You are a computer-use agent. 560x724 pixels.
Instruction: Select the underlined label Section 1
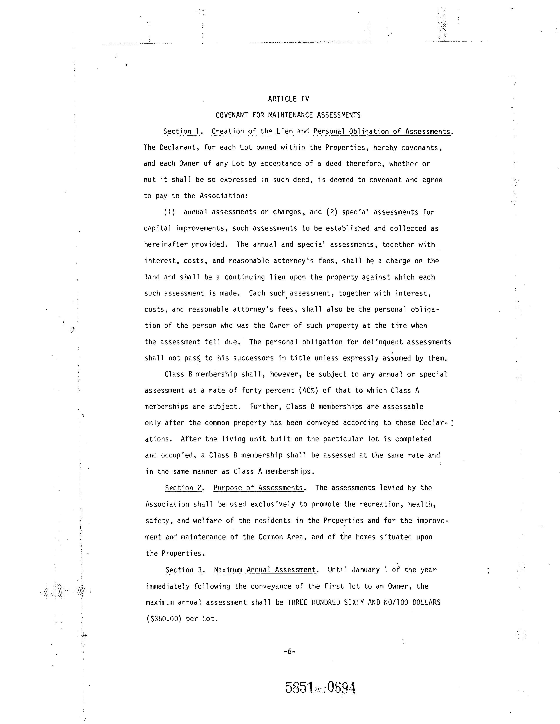pyautogui.click(x=181, y=131)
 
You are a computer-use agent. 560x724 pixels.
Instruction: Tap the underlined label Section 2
pyautogui.click(x=183, y=488)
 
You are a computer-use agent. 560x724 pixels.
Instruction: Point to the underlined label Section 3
pyautogui.click(x=184, y=570)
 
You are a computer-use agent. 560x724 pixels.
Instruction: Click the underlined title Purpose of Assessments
pyautogui.click(x=258, y=488)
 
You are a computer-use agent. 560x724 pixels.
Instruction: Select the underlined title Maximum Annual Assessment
pyautogui.click(x=265, y=570)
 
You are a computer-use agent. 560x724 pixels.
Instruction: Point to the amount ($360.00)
pyautogui.click(x=164, y=619)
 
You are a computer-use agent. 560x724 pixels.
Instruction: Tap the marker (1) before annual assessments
pyautogui.click(x=169, y=212)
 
